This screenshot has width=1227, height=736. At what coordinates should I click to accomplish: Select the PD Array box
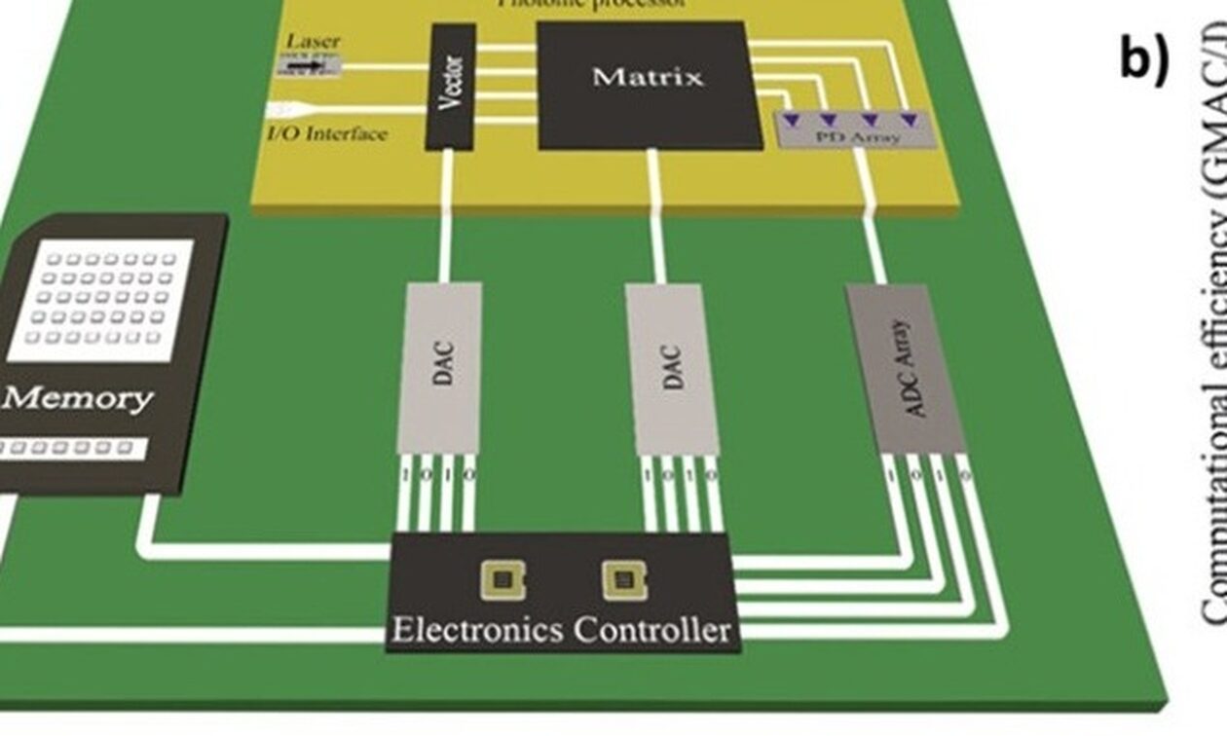855,129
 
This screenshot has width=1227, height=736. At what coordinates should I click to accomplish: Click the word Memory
77,399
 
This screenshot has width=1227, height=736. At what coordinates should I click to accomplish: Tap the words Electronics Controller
560,629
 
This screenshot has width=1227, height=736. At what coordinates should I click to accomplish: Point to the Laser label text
312,42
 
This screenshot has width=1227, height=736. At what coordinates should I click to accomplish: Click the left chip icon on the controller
502,581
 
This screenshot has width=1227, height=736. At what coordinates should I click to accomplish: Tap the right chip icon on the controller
623,581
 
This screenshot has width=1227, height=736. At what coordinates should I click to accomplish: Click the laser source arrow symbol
306,66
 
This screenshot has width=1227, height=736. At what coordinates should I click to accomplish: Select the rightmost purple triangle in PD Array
909,119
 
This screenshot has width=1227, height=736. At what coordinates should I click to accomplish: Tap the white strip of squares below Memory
68,448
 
